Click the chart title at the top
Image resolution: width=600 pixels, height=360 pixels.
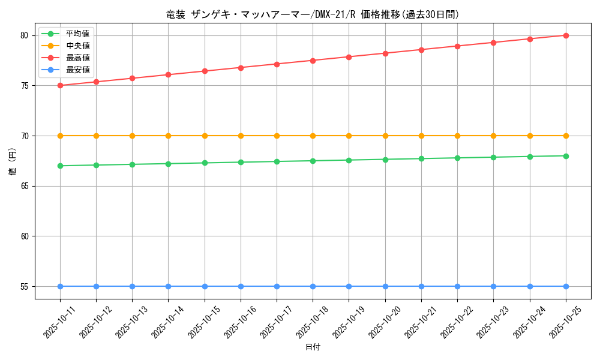point(312,14)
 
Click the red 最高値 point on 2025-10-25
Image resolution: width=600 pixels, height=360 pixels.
point(566,35)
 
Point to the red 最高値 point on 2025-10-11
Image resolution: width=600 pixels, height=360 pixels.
point(60,85)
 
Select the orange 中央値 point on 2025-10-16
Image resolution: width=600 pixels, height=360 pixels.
point(241,136)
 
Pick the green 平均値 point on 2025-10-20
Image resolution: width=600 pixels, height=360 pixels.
point(385,159)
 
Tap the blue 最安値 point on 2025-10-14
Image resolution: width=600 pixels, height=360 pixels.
point(168,286)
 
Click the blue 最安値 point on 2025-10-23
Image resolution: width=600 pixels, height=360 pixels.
point(493,286)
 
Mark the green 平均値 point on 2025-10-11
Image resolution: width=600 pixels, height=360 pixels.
point(60,166)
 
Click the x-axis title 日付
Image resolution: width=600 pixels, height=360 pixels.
point(313,347)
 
